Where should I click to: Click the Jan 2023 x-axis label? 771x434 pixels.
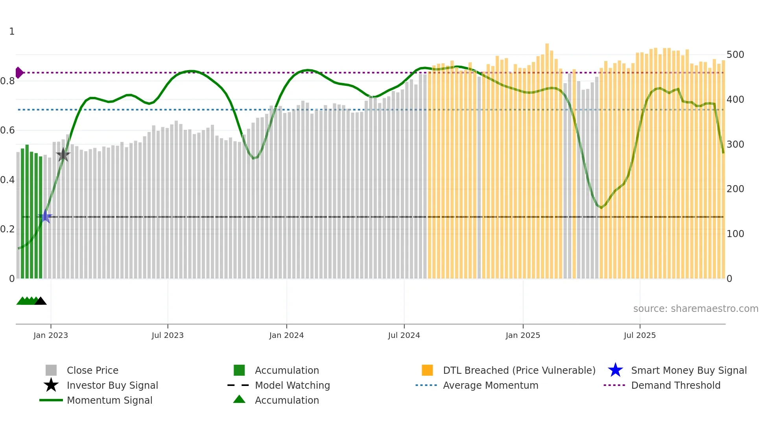pos(51,335)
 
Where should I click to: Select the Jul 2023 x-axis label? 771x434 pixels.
pos(168,335)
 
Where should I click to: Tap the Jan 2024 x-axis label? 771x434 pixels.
pos(286,335)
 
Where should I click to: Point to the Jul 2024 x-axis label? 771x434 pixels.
pos(404,335)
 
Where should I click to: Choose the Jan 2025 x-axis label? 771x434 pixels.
pos(523,335)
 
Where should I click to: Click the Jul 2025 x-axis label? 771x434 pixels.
pos(640,335)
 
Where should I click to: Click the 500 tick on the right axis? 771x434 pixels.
pos(735,55)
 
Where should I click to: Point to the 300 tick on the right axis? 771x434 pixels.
pos(735,145)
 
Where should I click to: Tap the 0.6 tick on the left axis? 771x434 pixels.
pos(7,130)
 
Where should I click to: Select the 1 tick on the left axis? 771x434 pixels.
pos(12,32)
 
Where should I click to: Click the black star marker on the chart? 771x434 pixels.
pos(63,155)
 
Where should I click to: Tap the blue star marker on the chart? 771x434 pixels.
pos(45,217)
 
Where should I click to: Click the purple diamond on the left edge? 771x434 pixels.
pos(19,72)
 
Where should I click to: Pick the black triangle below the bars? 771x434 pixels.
pos(41,301)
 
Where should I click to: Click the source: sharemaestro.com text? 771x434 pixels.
pos(695,309)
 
